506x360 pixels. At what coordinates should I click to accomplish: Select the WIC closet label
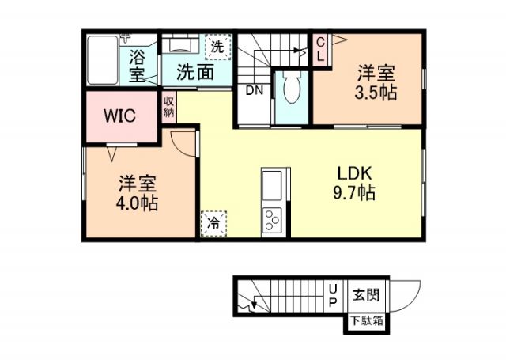pos(120,116)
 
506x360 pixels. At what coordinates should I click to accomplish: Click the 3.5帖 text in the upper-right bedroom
pos(376,93)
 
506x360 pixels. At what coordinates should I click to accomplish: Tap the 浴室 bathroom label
pos(137,66)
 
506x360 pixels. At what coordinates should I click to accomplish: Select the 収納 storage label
pos(169,108)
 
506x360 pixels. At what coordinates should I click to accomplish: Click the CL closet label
pos(320,50)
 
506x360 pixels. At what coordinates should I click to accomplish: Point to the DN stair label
pos(253,91)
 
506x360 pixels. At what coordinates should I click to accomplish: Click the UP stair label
pos(333,297)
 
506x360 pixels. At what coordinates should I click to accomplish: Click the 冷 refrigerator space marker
pos(213,224)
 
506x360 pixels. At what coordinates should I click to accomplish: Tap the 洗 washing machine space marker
pos(217,47)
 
